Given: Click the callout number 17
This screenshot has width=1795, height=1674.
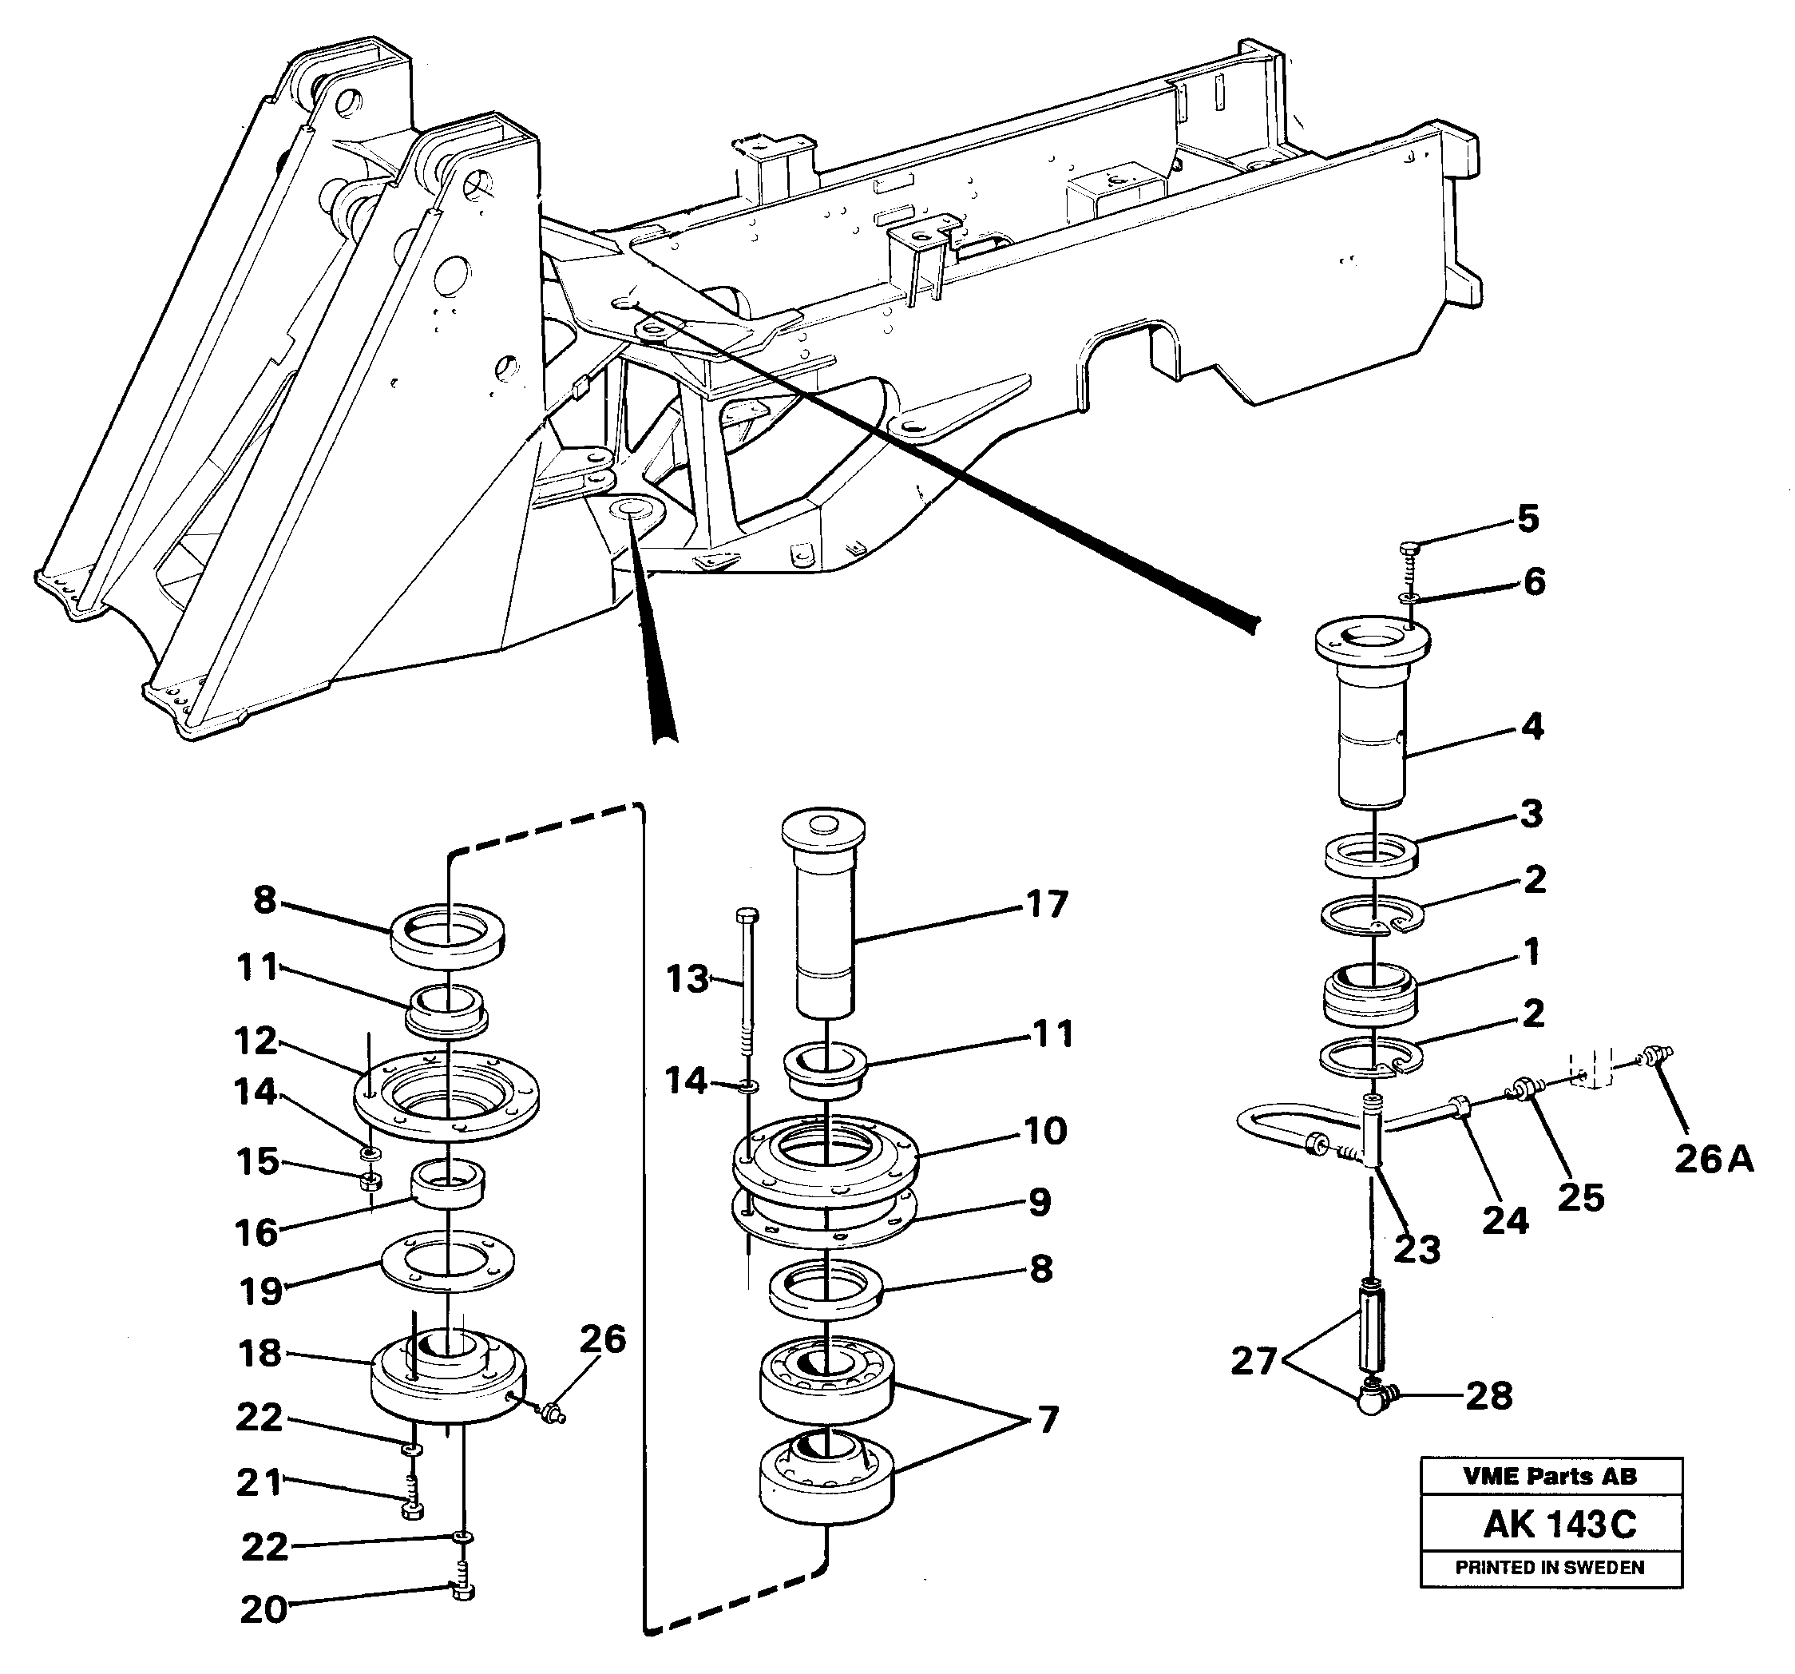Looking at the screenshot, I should (1047, 904).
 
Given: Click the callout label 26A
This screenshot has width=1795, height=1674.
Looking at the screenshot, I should (1714, 1160).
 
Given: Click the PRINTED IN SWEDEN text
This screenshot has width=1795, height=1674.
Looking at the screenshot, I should (1549, 1568).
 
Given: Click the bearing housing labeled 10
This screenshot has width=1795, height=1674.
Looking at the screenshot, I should (826, 1162).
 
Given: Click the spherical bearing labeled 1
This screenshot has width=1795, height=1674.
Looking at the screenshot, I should (1369, 997).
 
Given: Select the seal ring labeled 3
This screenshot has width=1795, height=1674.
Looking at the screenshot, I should (1369, 853).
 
